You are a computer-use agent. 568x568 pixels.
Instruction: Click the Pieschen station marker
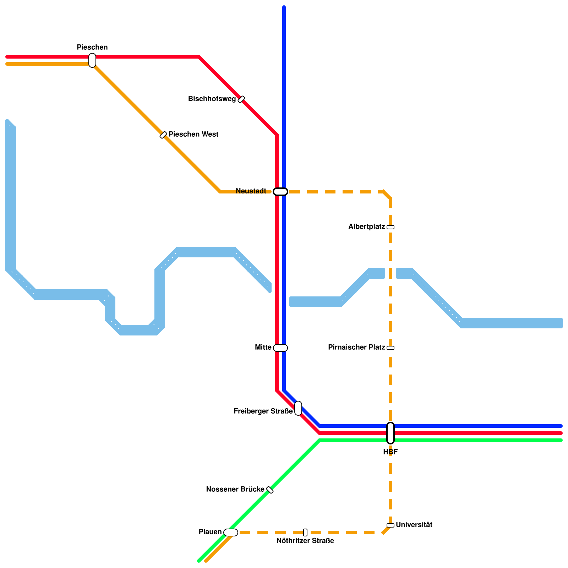tap(92, 60)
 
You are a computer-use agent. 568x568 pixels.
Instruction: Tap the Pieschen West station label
tap(193, 135)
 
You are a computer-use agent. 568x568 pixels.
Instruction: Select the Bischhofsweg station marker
tap(241, 99)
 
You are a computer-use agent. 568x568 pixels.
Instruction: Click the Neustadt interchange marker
tap(280, 192)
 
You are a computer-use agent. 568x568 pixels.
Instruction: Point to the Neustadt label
tap(251, 191)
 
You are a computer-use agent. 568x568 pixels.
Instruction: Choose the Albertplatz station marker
tap(390, 227)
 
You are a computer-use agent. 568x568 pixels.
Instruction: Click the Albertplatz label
tap(366, 226)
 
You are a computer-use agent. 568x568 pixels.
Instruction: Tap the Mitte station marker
tap(280, 348)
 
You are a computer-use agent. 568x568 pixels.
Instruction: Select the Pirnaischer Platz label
tap(356, 347)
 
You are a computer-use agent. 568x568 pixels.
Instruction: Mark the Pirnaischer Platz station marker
tap(390, 348)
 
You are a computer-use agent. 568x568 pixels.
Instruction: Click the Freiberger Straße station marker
tap(298, 408)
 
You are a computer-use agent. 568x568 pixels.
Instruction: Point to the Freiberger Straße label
tap(263, 411)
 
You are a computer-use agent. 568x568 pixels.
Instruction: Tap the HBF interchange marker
tap(390, 433)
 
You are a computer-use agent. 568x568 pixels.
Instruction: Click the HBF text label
tap(390, 452)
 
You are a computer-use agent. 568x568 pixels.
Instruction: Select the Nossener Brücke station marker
tap(270, 490)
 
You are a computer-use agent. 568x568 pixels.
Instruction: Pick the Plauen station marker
tap(231, 532)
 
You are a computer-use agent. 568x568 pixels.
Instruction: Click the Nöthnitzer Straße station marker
tap(305, 532)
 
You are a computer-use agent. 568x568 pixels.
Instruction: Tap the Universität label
tap(414, 525)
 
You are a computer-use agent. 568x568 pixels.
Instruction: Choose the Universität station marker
tap(390, 525)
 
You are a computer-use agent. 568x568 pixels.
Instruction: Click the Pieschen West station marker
tap(163, 135)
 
